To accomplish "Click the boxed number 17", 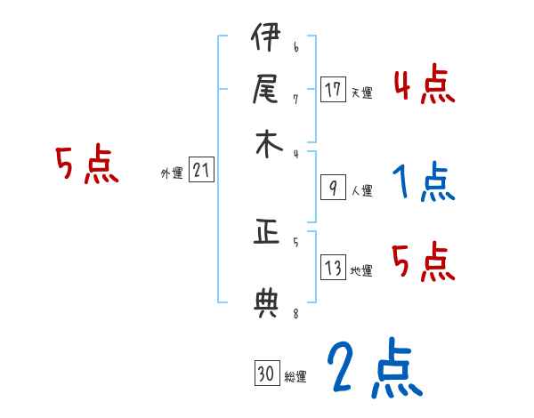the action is (333, 90).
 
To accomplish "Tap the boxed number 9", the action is (333, 188).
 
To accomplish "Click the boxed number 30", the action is (265, 374).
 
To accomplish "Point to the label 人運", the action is (361, 190).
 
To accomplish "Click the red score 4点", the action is (424, 86).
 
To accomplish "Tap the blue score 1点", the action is (424, 182).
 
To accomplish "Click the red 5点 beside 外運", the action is (87, 165).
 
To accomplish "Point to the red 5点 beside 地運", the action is (424, 262).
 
